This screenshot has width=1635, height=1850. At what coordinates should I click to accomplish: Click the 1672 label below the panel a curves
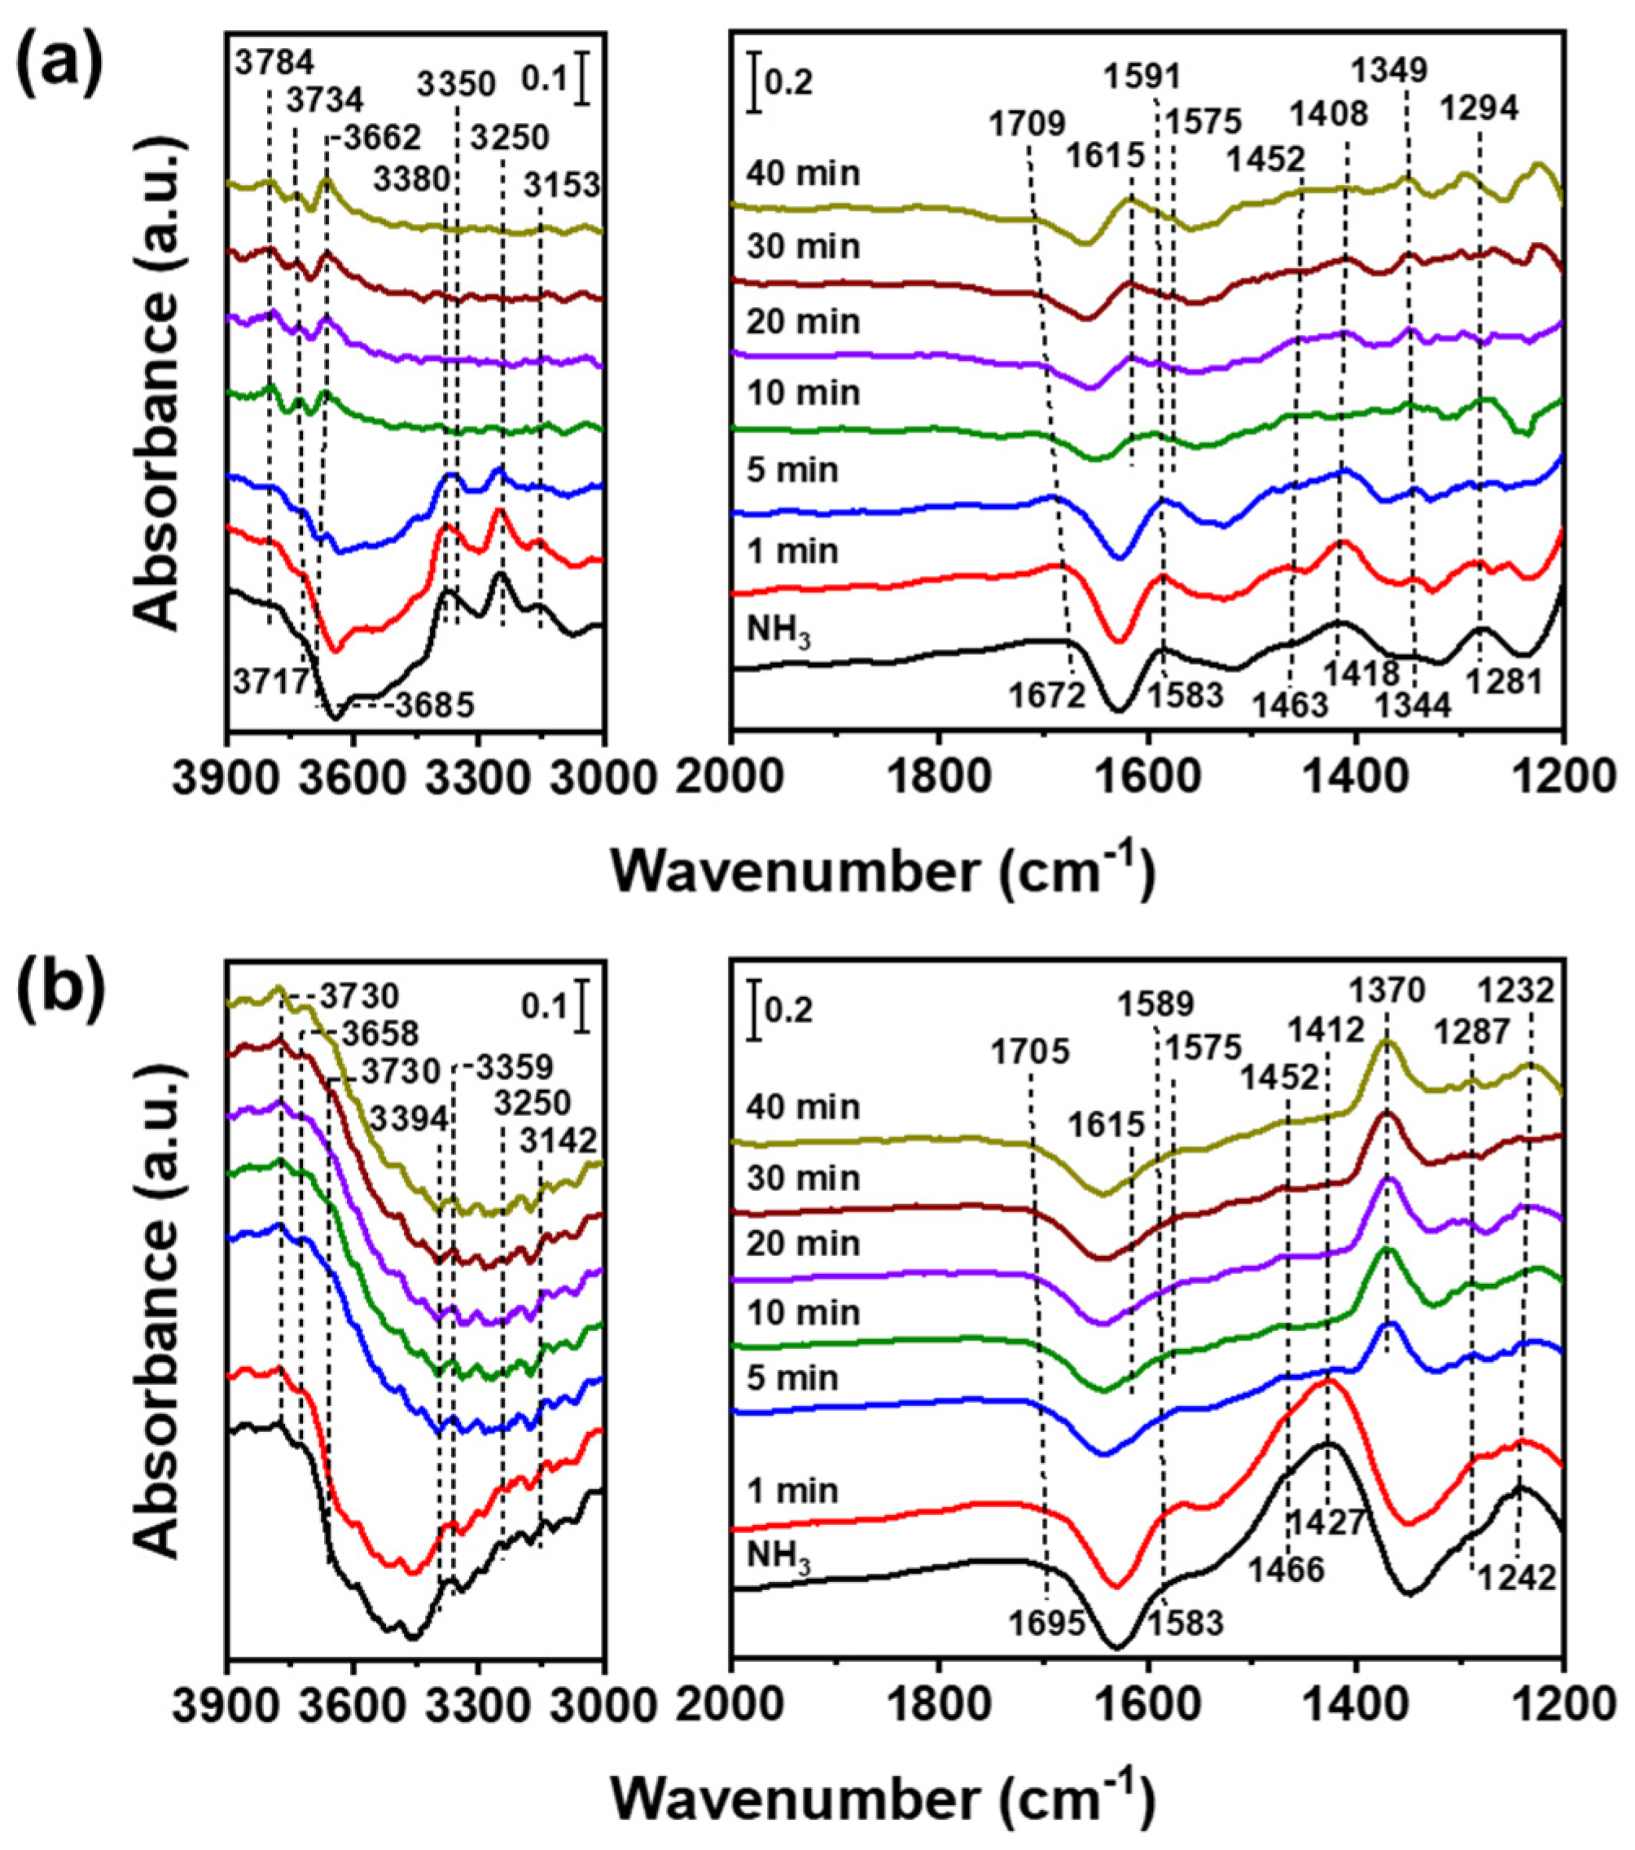[x=1048, y=695]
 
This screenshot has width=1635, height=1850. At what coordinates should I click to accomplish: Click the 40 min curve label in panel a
[x=804, y=173]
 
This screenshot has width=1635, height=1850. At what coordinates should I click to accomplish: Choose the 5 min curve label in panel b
[x=792, y=1378]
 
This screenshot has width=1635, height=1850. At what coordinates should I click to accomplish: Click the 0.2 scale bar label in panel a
[x=789, y=83]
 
